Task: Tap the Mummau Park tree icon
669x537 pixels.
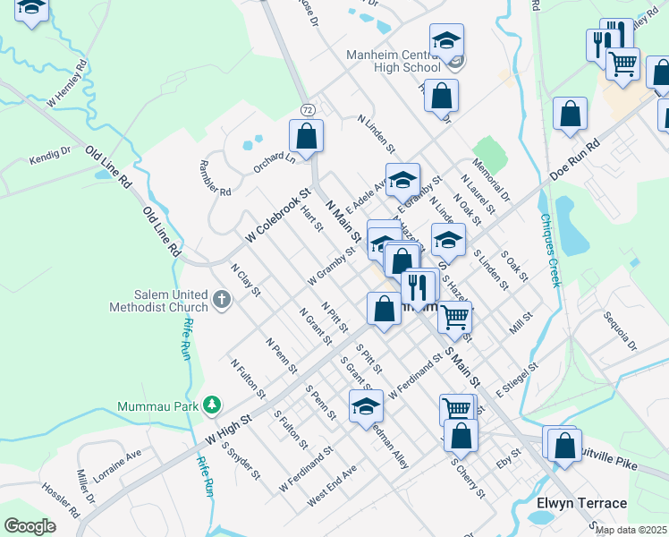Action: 211,405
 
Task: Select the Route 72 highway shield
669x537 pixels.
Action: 307,109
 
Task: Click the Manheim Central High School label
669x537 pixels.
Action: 394,61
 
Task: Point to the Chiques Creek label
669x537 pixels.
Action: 550,250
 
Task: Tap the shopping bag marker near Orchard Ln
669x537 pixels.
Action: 306,136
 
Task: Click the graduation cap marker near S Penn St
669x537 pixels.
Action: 366,406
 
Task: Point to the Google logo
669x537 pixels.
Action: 30,526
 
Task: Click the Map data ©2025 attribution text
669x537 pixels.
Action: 630,530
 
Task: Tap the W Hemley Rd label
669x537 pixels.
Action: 67,81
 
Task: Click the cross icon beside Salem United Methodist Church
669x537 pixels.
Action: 223,297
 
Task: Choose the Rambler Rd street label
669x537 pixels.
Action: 214,179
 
